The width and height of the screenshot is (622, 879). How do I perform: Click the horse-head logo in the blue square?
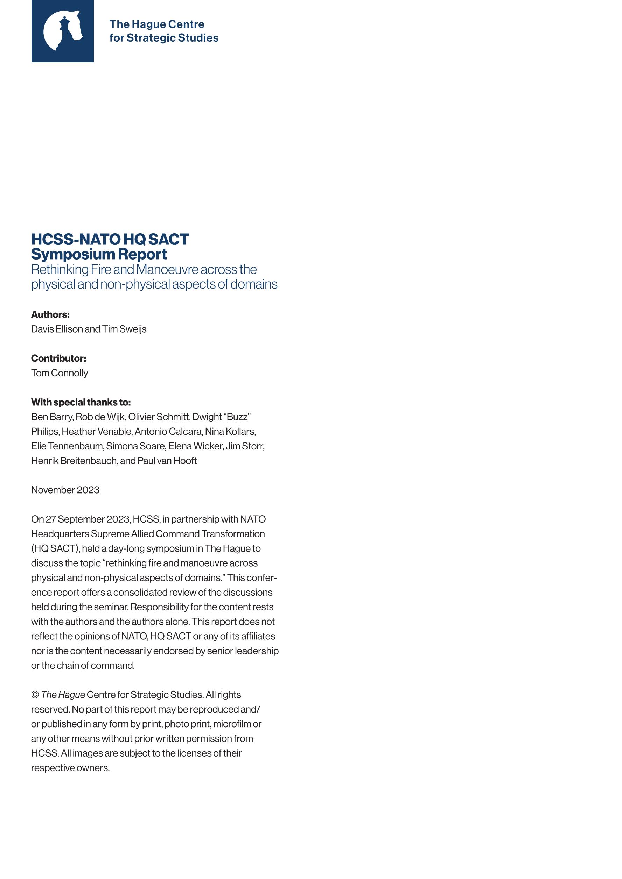click(62, 31)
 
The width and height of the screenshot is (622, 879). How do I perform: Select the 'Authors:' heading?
click(50, 314)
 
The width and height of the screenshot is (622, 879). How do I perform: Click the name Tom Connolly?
click(60, 373)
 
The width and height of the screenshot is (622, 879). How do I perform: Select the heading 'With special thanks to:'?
click(81, 402)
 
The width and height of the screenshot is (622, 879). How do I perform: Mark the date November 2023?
click(65, 490)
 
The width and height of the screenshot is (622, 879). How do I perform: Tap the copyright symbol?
click(35, 695)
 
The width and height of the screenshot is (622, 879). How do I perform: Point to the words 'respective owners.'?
click(70, 768)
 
